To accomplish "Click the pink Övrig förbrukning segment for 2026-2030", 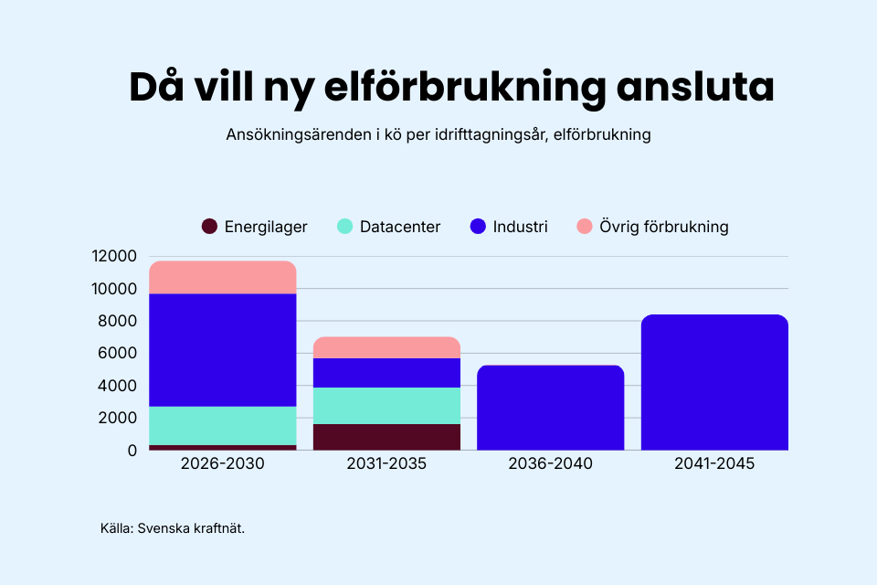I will [223, 277].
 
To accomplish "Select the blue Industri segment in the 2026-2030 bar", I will [223, 350].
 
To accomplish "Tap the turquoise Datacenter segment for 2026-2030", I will [223, 426].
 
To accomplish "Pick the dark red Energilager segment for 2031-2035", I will [386, 437].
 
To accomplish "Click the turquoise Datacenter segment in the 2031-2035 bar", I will [386, 406].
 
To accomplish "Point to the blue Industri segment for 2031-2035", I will [386, 373].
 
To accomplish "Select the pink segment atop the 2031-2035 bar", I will [386, 347].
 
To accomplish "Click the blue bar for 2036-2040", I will [551, 408].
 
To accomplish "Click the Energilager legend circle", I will [209, 227].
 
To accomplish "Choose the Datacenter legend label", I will [399, 227].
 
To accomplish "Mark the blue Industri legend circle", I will [479, 227].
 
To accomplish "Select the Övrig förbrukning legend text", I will [662, 227].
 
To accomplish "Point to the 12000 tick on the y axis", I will [114, 257].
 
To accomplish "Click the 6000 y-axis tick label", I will [118, 354].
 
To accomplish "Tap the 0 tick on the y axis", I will [132, 451].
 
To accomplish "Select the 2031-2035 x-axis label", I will [386, 464].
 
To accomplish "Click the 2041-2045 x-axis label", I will [714, 464].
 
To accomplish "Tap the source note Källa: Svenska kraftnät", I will [173, 528].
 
